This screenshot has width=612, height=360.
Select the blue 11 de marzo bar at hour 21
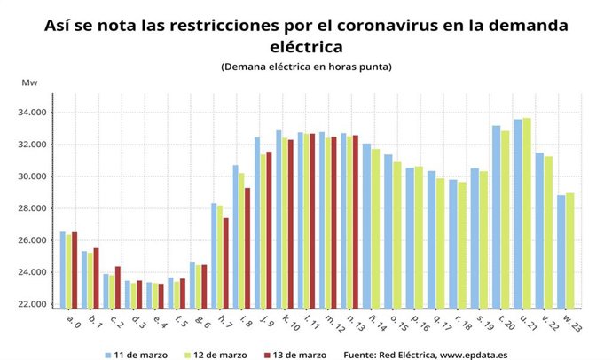pyautogui.click(x=517, y=213)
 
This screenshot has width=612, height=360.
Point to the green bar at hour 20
pyautogui.click(x=506, y=218)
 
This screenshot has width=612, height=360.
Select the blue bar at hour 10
pyautogui.click(x=279, y=218)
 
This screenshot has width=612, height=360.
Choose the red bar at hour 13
pyautogui.click(x=355, y=221)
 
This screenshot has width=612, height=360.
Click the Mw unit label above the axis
pyautogui.click(x=28, y=82)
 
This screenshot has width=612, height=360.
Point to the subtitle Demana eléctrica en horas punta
pyautogui.click(x=305, y=67)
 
